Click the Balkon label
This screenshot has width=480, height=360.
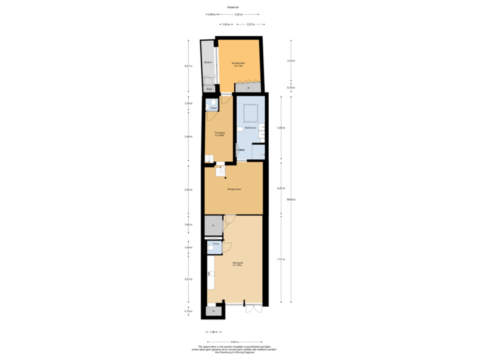[208, 63]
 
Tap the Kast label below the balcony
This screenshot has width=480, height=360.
[208, 89]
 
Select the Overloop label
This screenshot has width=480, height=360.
[219, 133]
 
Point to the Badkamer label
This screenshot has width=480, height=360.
[250, 129]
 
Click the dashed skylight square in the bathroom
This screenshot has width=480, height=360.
[250, 113]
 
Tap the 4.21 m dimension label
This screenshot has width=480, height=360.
[281, 188]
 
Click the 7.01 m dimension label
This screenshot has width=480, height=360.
[281, 259]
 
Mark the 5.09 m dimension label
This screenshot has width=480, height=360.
[281, 128]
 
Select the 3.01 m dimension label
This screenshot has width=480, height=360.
[189, 279]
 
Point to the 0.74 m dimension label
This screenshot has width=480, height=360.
[189, 311]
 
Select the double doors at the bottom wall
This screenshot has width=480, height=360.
[253, 309]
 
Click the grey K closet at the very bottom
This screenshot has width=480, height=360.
[213, 311]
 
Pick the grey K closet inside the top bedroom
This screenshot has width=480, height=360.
[248, 88]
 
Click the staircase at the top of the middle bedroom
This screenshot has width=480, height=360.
[221, 171]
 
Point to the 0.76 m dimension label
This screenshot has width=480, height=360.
[290, 87]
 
